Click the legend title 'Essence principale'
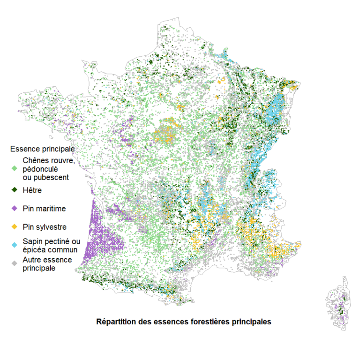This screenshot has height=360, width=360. pos(43,149)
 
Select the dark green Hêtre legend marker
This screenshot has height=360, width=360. pos(15,190)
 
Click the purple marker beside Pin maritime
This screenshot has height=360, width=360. pos(15,209)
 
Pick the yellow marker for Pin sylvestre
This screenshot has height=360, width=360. pos(15,227)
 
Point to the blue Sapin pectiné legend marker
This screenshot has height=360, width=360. pos(15,245)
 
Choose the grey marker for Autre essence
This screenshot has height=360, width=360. pos(15,264)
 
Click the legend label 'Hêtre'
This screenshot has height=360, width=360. pos(32,190)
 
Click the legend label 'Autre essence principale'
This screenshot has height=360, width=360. pos(47,264)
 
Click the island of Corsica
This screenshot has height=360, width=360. pos(340,305)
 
